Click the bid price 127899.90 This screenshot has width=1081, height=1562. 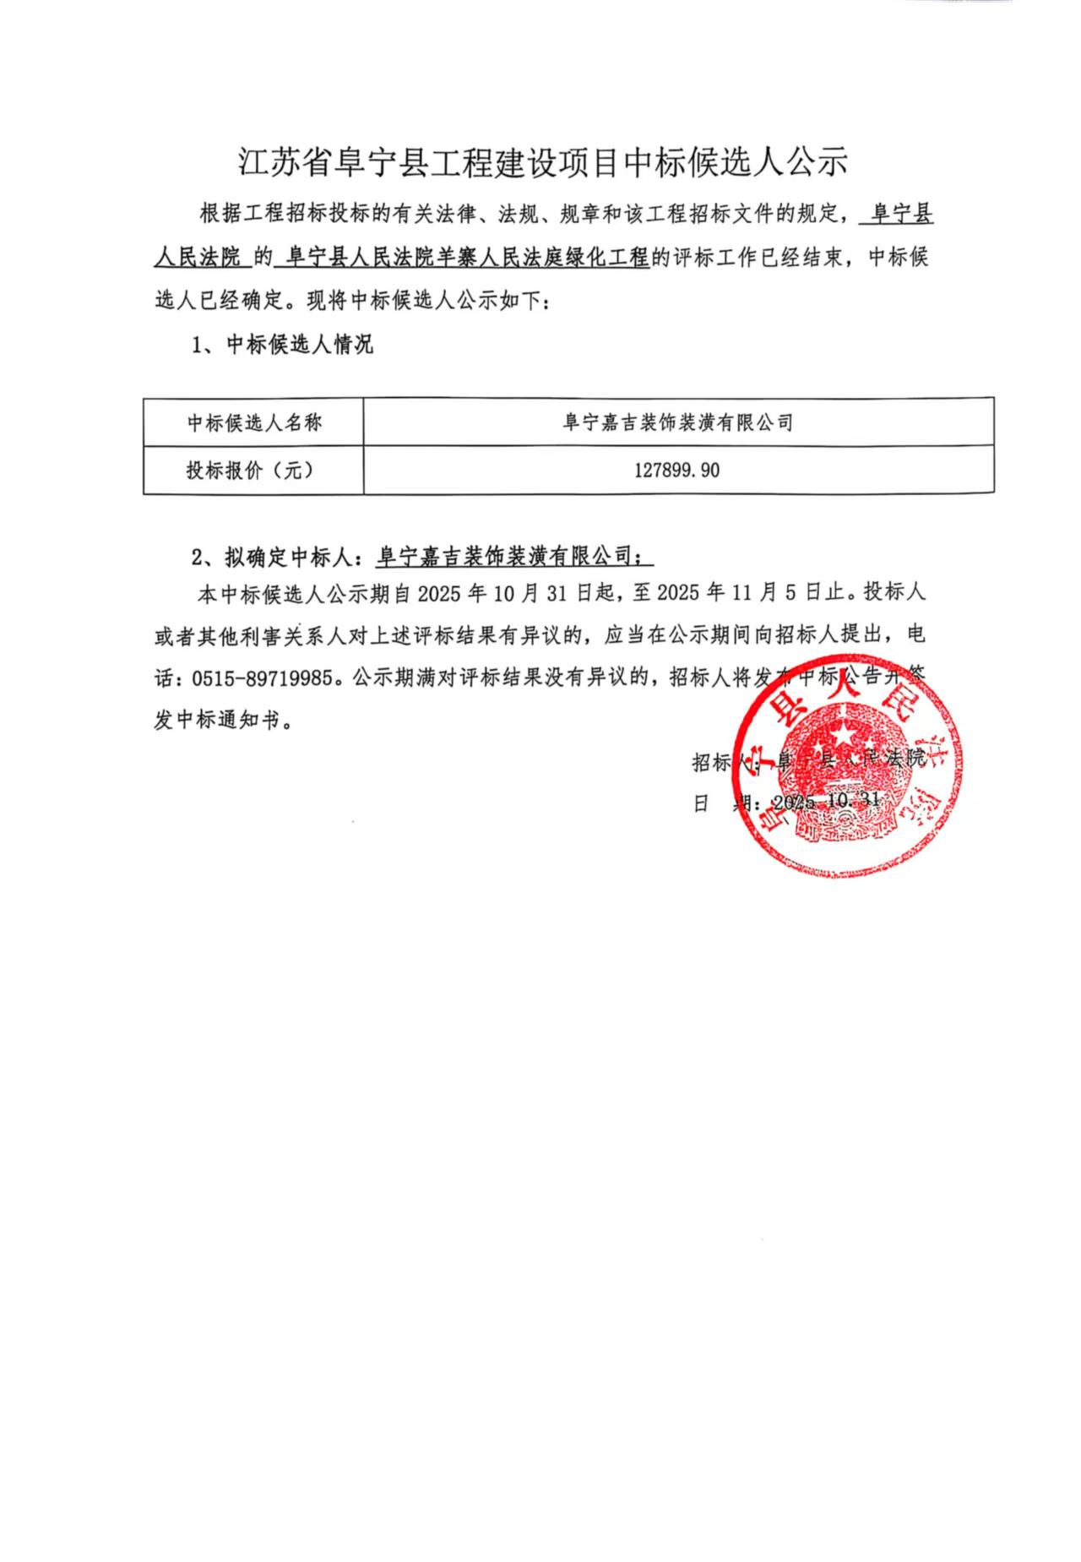pos(676,471)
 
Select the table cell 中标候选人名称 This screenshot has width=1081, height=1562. pos(253,422)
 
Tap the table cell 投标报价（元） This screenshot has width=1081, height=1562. pos(250,471)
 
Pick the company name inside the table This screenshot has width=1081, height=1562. pos(677,422)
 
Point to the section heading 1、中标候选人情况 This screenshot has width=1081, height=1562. pos(283,345)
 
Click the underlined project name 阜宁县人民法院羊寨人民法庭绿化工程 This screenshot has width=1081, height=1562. pos(468,258)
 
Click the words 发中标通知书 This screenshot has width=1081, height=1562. pos(217,721)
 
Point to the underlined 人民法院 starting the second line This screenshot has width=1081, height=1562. pos(201,258)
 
